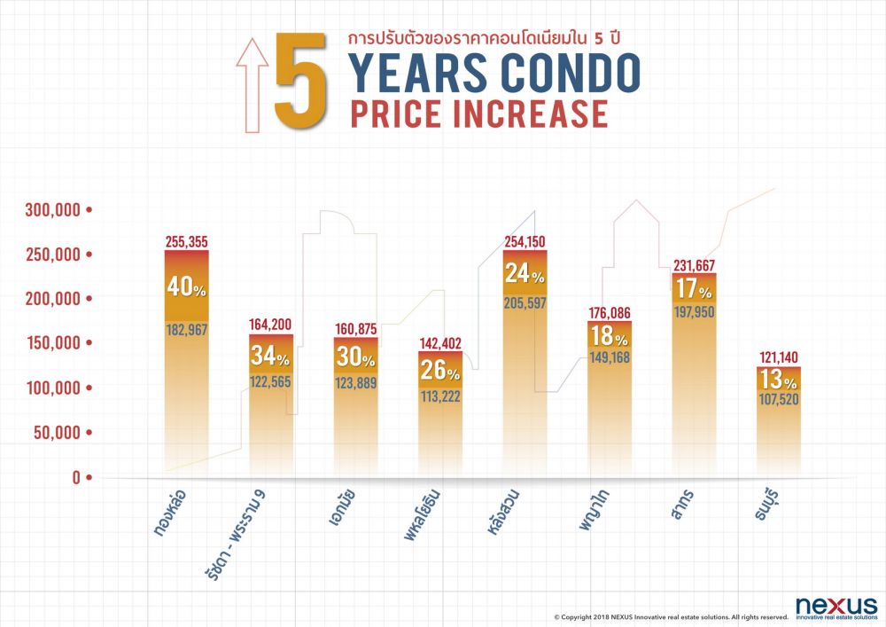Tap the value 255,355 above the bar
[186, 241]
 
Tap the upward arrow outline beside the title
[252, 84]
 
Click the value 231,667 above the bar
[694, 265]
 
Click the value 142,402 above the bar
[439, 343]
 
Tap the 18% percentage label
[609, 335]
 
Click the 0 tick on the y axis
[76, 477]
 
